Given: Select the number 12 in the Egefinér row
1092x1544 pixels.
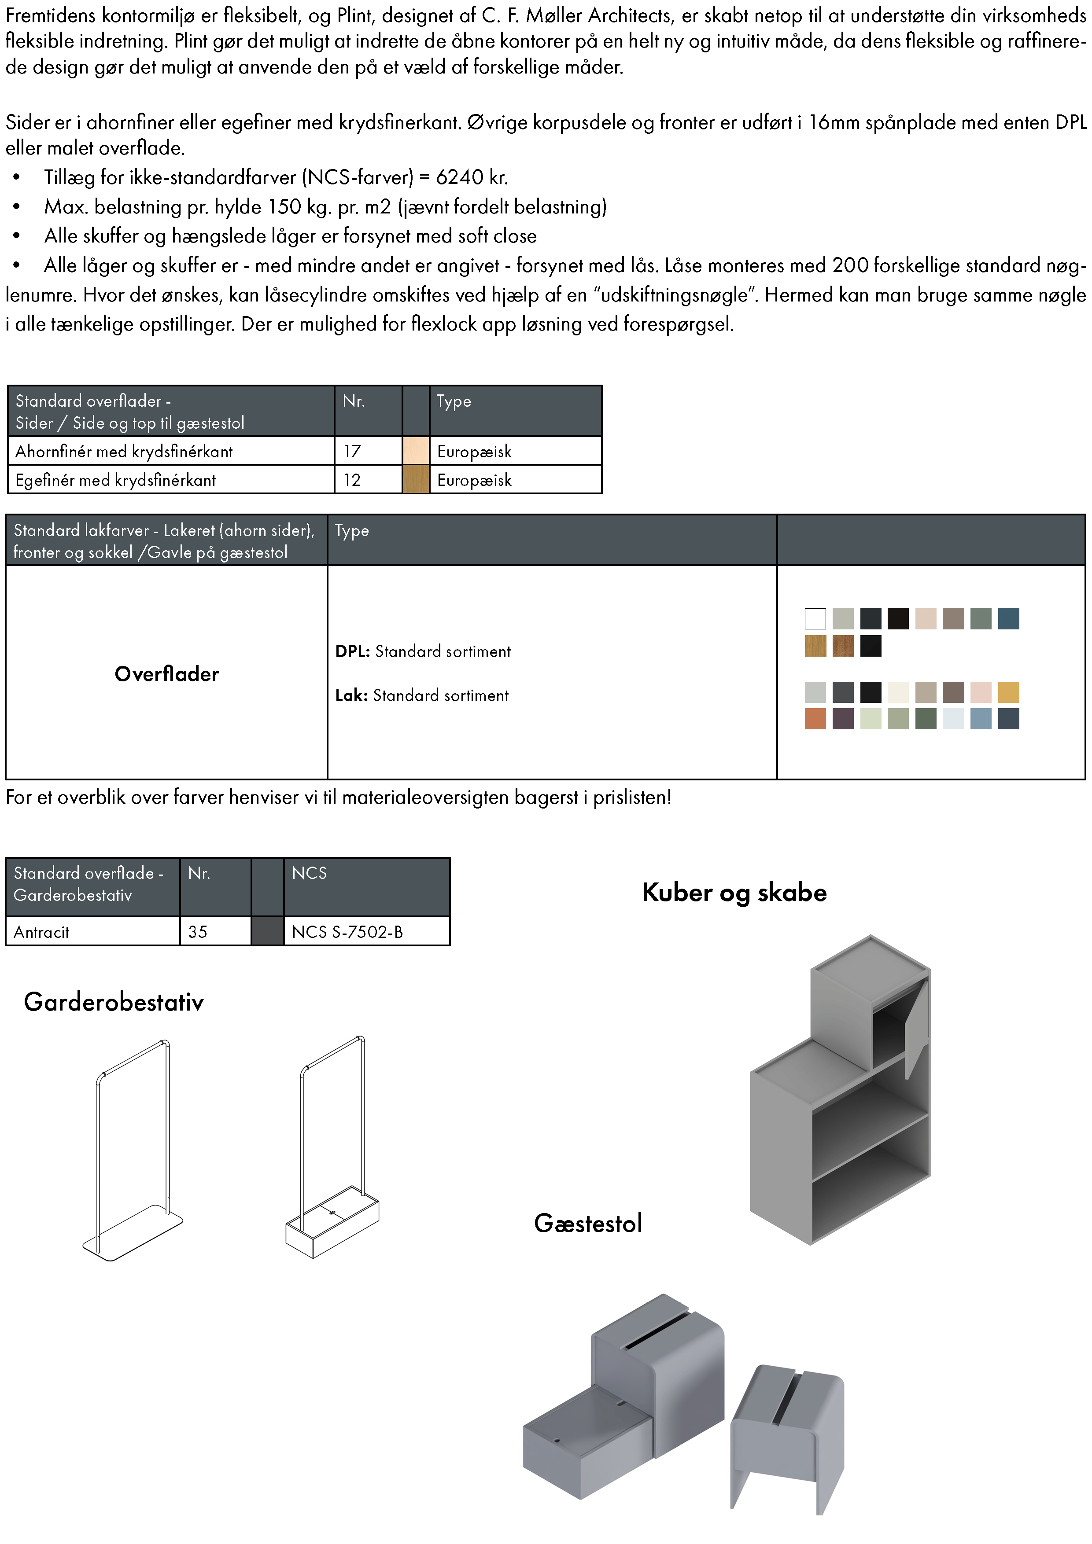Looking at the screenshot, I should pyautogui.click(x=352, y=480).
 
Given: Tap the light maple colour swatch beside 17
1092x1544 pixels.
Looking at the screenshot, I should pyautogui.click(x=416, y=451).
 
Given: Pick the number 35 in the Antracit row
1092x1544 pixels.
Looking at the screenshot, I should pyautogui.click(x=198, y=932).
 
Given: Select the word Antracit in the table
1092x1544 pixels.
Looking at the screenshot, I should pyautogui.click(x=42, y=932).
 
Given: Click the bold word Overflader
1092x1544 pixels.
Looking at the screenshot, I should pyautogui.click(x=167, y=674).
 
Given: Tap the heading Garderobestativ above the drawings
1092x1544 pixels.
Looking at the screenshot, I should pyautogui.click(x=114, y=1003).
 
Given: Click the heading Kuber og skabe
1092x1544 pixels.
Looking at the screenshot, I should pyautogui.click(x=734, y=892).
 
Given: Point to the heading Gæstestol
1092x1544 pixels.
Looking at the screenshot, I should pyautogui.click(x=588, y=1223).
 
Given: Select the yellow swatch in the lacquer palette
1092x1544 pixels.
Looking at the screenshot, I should pyautogui.click(x=1008, y=692).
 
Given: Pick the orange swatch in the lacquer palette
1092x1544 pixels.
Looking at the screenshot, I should pyautogui.click(x=815, y=719).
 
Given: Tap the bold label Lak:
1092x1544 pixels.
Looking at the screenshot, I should pyautogui.click(x=351, y=695).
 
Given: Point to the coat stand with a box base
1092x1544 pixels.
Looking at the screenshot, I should pyautogui.click(x=333, y=1150).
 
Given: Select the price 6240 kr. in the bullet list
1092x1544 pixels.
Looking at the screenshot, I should pyautogui.click(x=472, y=177).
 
